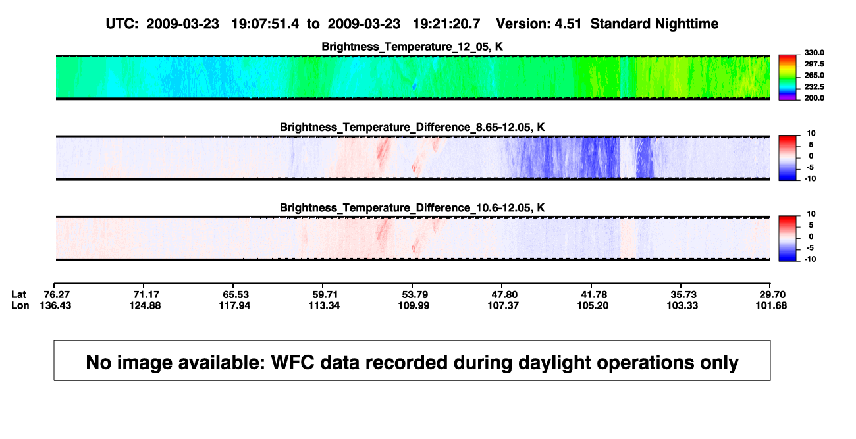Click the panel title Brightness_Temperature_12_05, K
pos(412,47)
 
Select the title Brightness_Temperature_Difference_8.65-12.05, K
pos(412,128)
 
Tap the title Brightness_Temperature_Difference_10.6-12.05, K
pos(412,208)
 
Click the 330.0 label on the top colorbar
pos(814,53)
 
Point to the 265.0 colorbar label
pos(814,75)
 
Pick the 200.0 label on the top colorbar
pos(814,98)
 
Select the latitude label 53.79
pos(415,295)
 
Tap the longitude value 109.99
pos(414,305)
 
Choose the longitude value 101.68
pos(771,305)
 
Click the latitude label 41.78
pos(593,295)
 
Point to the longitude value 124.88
pos(146,305)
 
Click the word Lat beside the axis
pos(18,295)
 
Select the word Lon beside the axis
pos(20,305)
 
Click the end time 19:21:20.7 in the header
pos(446,24)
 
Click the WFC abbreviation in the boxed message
pos(293,363)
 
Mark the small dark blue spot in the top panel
pos(414,86)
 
